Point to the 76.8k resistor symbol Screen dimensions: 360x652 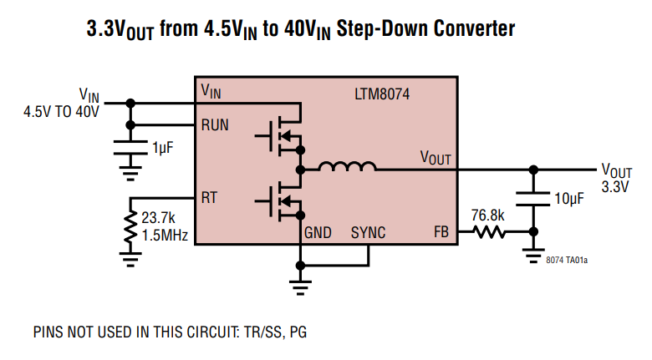[x=488, y=234]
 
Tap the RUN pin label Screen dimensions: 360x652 [x=215, y=125]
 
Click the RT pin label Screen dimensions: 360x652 [x=209, y=198]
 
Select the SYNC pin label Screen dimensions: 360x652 [x=368, y=233]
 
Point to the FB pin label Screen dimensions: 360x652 [x=441, y=233]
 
